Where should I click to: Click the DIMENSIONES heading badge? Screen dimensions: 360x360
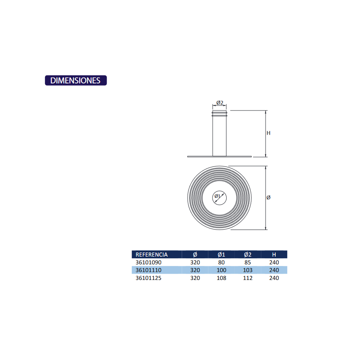tap(76, 80)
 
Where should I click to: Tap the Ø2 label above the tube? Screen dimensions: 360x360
tap(219, 103)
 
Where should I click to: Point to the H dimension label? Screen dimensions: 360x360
tap(269, 133)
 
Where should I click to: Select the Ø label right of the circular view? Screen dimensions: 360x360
tap(269, 198)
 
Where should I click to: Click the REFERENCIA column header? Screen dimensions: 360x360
tap(152, 255)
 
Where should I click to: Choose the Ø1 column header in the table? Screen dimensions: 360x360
tap(221, 255)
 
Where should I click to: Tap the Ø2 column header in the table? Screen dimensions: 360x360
tap(248, 255)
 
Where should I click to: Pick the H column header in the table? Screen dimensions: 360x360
tap(274, 255)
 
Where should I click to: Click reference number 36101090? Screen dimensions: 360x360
tap(148, 263)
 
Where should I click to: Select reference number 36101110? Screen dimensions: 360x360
tap(148, 270)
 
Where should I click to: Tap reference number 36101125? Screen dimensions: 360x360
tap(148, 278)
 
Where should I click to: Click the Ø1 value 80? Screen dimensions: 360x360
tap(222, 263)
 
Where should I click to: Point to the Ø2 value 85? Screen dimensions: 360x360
tap(248, 263)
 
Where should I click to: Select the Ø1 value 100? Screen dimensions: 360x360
tap(222, 270)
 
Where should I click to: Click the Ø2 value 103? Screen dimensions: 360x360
tap(248, 270)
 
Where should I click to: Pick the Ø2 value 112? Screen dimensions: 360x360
tap(248, 278)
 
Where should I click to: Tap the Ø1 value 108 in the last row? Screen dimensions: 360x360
tap(222, 278)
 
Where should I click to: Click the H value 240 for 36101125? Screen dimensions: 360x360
tap(274, 278)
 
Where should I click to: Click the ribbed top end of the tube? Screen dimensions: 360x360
tap(219, 114)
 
